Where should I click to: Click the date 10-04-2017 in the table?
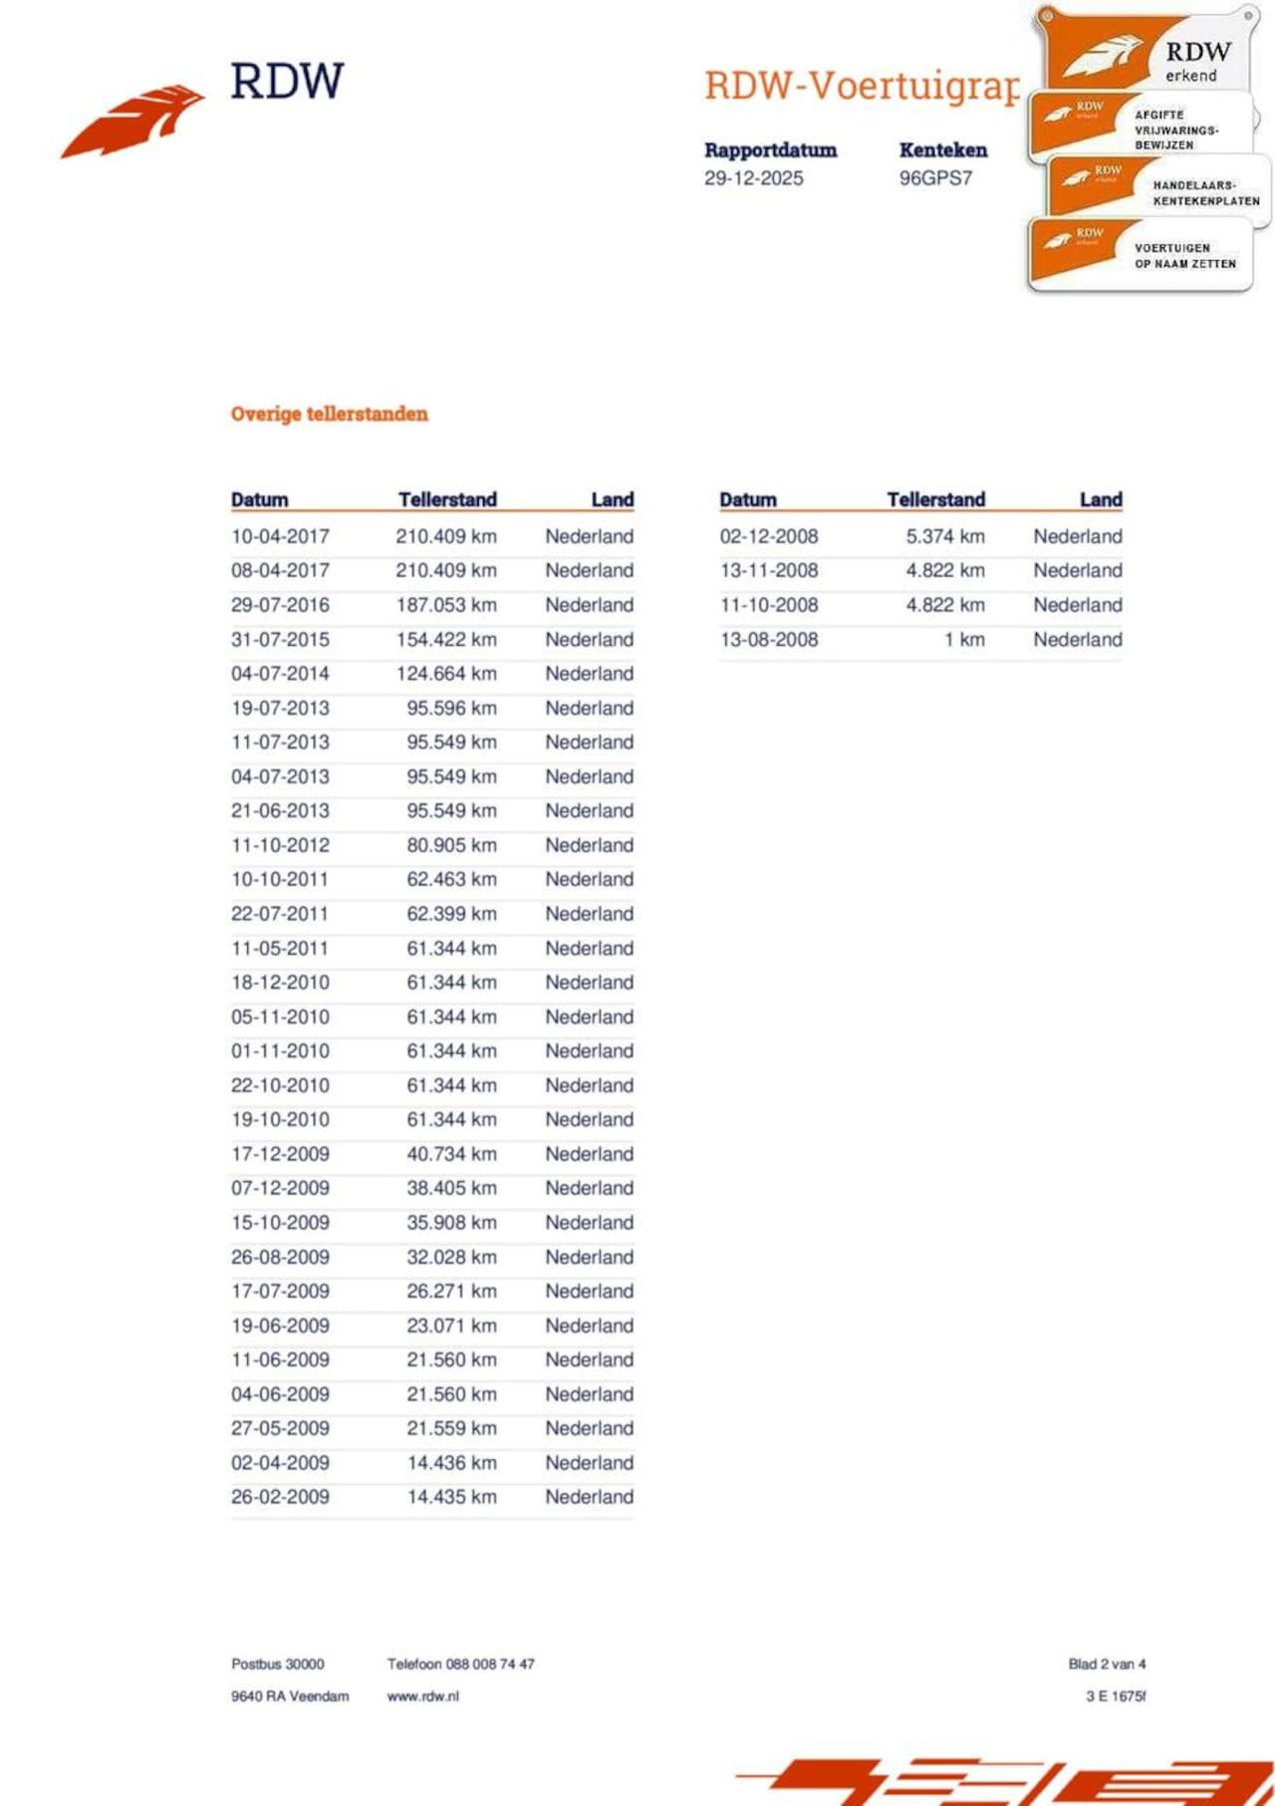[x=280, y=536]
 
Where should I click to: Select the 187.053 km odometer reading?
[x=445, y=605]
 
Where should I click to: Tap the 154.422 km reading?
[x=445, y=639]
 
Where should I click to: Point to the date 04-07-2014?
[x=280, y=674]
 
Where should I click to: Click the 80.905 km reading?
[x=451, y=845]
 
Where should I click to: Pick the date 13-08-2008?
[x=769, y=640]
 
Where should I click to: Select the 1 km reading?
[x=964, y=640]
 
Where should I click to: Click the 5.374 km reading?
[x=944, y=536]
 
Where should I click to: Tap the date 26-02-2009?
[x=280, y=1497]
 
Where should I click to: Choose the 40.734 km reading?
[x=451, y=1154]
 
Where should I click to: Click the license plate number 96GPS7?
[x=935, y=178]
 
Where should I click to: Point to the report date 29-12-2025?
[x=753, y=178]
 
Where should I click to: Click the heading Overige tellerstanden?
[x=329, y=414]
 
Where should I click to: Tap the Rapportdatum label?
[x=770, y=150]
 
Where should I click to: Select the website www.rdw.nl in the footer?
[x=422, y=1696]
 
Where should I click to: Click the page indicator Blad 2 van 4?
[x=1107, y=1663]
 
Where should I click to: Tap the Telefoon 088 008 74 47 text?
[x=460, y=1663]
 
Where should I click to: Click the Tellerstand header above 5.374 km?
[x=935, y=499]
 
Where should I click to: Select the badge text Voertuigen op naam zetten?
[x=1184, y=256]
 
